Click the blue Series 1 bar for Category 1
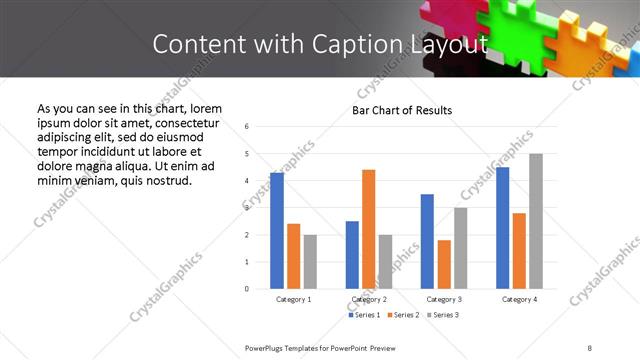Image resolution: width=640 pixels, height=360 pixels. point(277,231)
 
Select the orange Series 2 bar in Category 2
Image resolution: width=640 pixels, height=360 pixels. point(368,229)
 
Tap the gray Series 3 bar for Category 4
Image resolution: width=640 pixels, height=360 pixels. point(536,221)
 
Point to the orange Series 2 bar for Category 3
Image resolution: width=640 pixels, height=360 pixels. point(444,264)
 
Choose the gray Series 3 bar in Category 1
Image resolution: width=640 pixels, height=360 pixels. point(310,262)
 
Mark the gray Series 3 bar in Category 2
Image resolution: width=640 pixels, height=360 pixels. point(385,262)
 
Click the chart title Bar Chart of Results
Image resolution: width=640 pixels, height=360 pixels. point(401,110)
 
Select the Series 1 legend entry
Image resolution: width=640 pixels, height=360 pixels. point(364,315)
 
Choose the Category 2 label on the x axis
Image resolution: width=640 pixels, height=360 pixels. point(369,299)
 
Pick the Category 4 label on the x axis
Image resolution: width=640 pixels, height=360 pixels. point(519,299)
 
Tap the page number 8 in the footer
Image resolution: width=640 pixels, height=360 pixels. point(590,347)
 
